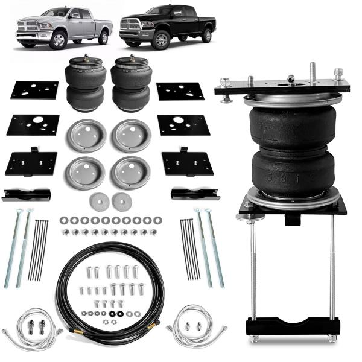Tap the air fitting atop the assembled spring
291,79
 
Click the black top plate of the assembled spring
282,89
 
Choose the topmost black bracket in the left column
34,91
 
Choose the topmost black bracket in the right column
180,91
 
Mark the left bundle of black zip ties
39,249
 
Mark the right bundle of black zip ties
189,249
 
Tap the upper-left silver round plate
86,135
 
